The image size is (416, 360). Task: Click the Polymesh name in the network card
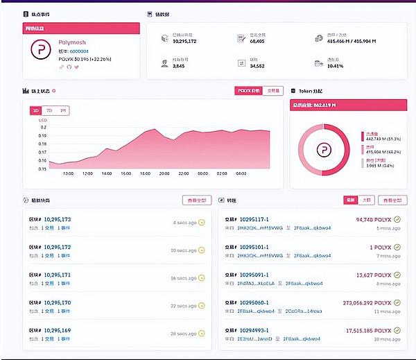coord(72,42)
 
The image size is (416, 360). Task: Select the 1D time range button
coord(36,110)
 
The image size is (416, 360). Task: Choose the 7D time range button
coord(49,110)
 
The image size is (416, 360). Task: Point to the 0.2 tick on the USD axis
coord(44,127)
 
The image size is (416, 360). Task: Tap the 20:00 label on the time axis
coord(164,173)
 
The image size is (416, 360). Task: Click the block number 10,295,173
coord(57,219)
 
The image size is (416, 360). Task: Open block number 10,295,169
coord(57,331)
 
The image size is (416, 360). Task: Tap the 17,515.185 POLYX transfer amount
coord(367,331)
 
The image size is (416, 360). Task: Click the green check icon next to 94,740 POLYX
coord(397,220)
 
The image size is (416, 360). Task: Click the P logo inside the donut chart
coord(322,150)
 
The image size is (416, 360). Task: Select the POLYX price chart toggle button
coord(249,91)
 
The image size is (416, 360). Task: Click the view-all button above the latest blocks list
coord(196,200)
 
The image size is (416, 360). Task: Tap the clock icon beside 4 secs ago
coord(202,223)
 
